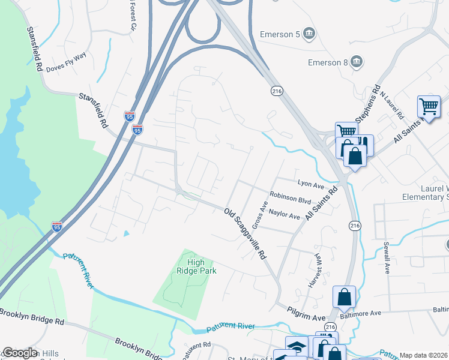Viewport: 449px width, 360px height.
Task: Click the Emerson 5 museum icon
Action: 309,32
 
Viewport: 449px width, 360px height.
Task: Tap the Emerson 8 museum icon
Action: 355,61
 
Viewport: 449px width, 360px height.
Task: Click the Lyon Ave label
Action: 310,182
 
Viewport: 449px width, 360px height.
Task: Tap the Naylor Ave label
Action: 285,214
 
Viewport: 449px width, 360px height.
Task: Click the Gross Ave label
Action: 259,215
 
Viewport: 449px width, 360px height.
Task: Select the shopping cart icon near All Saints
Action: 429,107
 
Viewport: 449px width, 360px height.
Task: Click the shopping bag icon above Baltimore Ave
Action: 344,296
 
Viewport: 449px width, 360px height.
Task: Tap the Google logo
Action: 20,353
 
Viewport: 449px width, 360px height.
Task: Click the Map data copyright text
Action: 424,355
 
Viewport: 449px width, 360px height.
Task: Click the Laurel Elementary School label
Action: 435,192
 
